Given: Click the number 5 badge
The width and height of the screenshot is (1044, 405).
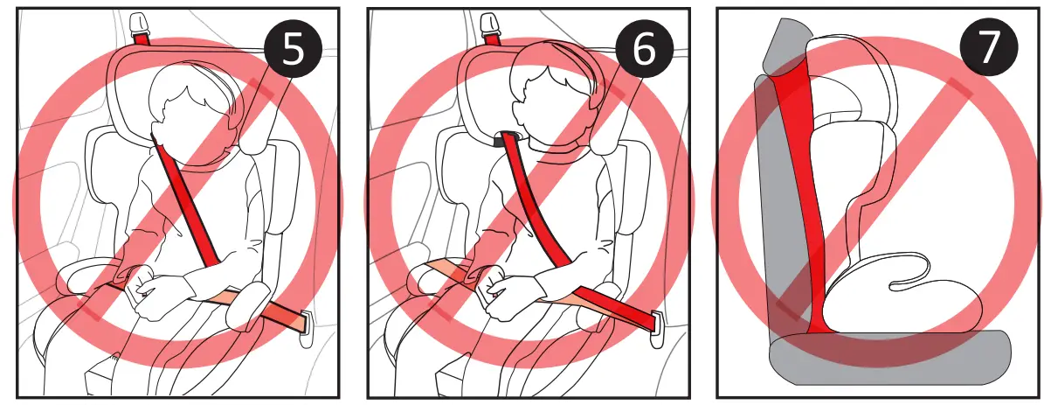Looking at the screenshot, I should click(294, 51).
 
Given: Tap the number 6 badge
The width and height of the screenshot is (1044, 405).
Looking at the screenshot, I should click(642, 51).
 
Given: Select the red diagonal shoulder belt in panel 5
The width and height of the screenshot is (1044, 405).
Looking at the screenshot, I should click(187, 201).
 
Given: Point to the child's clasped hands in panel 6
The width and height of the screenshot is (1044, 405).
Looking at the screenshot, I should click(510, 292).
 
